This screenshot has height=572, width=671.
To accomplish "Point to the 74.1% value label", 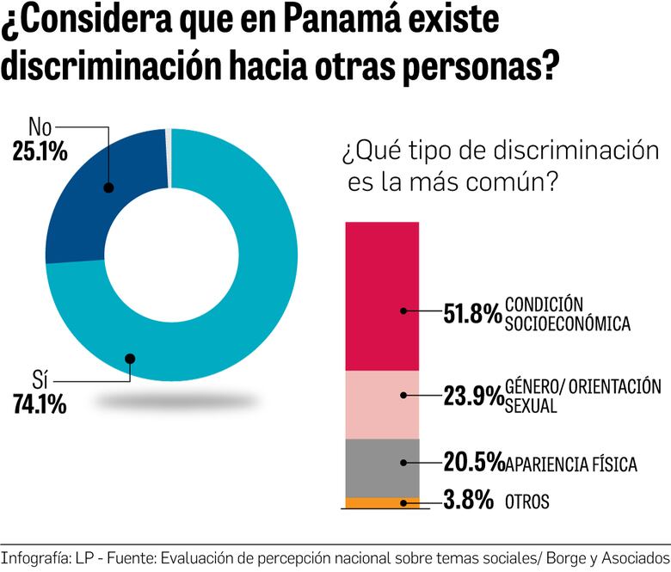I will click(x=40, y=404).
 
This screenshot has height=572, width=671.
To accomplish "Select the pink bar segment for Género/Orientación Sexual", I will click(x=382, y=404).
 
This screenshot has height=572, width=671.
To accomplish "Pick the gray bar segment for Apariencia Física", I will click(x=382, y=467).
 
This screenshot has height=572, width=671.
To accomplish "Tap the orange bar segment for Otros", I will click(x=382, y=502).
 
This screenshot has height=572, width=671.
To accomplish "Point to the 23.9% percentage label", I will click(x=472, y=396).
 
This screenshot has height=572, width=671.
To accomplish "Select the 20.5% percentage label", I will click(x=472, y=463).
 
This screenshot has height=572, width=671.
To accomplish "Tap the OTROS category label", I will click(x=527, y=501).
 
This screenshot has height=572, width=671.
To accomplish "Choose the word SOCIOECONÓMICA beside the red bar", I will click(x=568, y=324).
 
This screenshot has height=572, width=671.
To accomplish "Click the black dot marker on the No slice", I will click(x=108, y=187).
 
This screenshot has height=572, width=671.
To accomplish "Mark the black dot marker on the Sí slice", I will click(x=129, y=359).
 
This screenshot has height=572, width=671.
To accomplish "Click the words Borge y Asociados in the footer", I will click(x=607, y=557).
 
